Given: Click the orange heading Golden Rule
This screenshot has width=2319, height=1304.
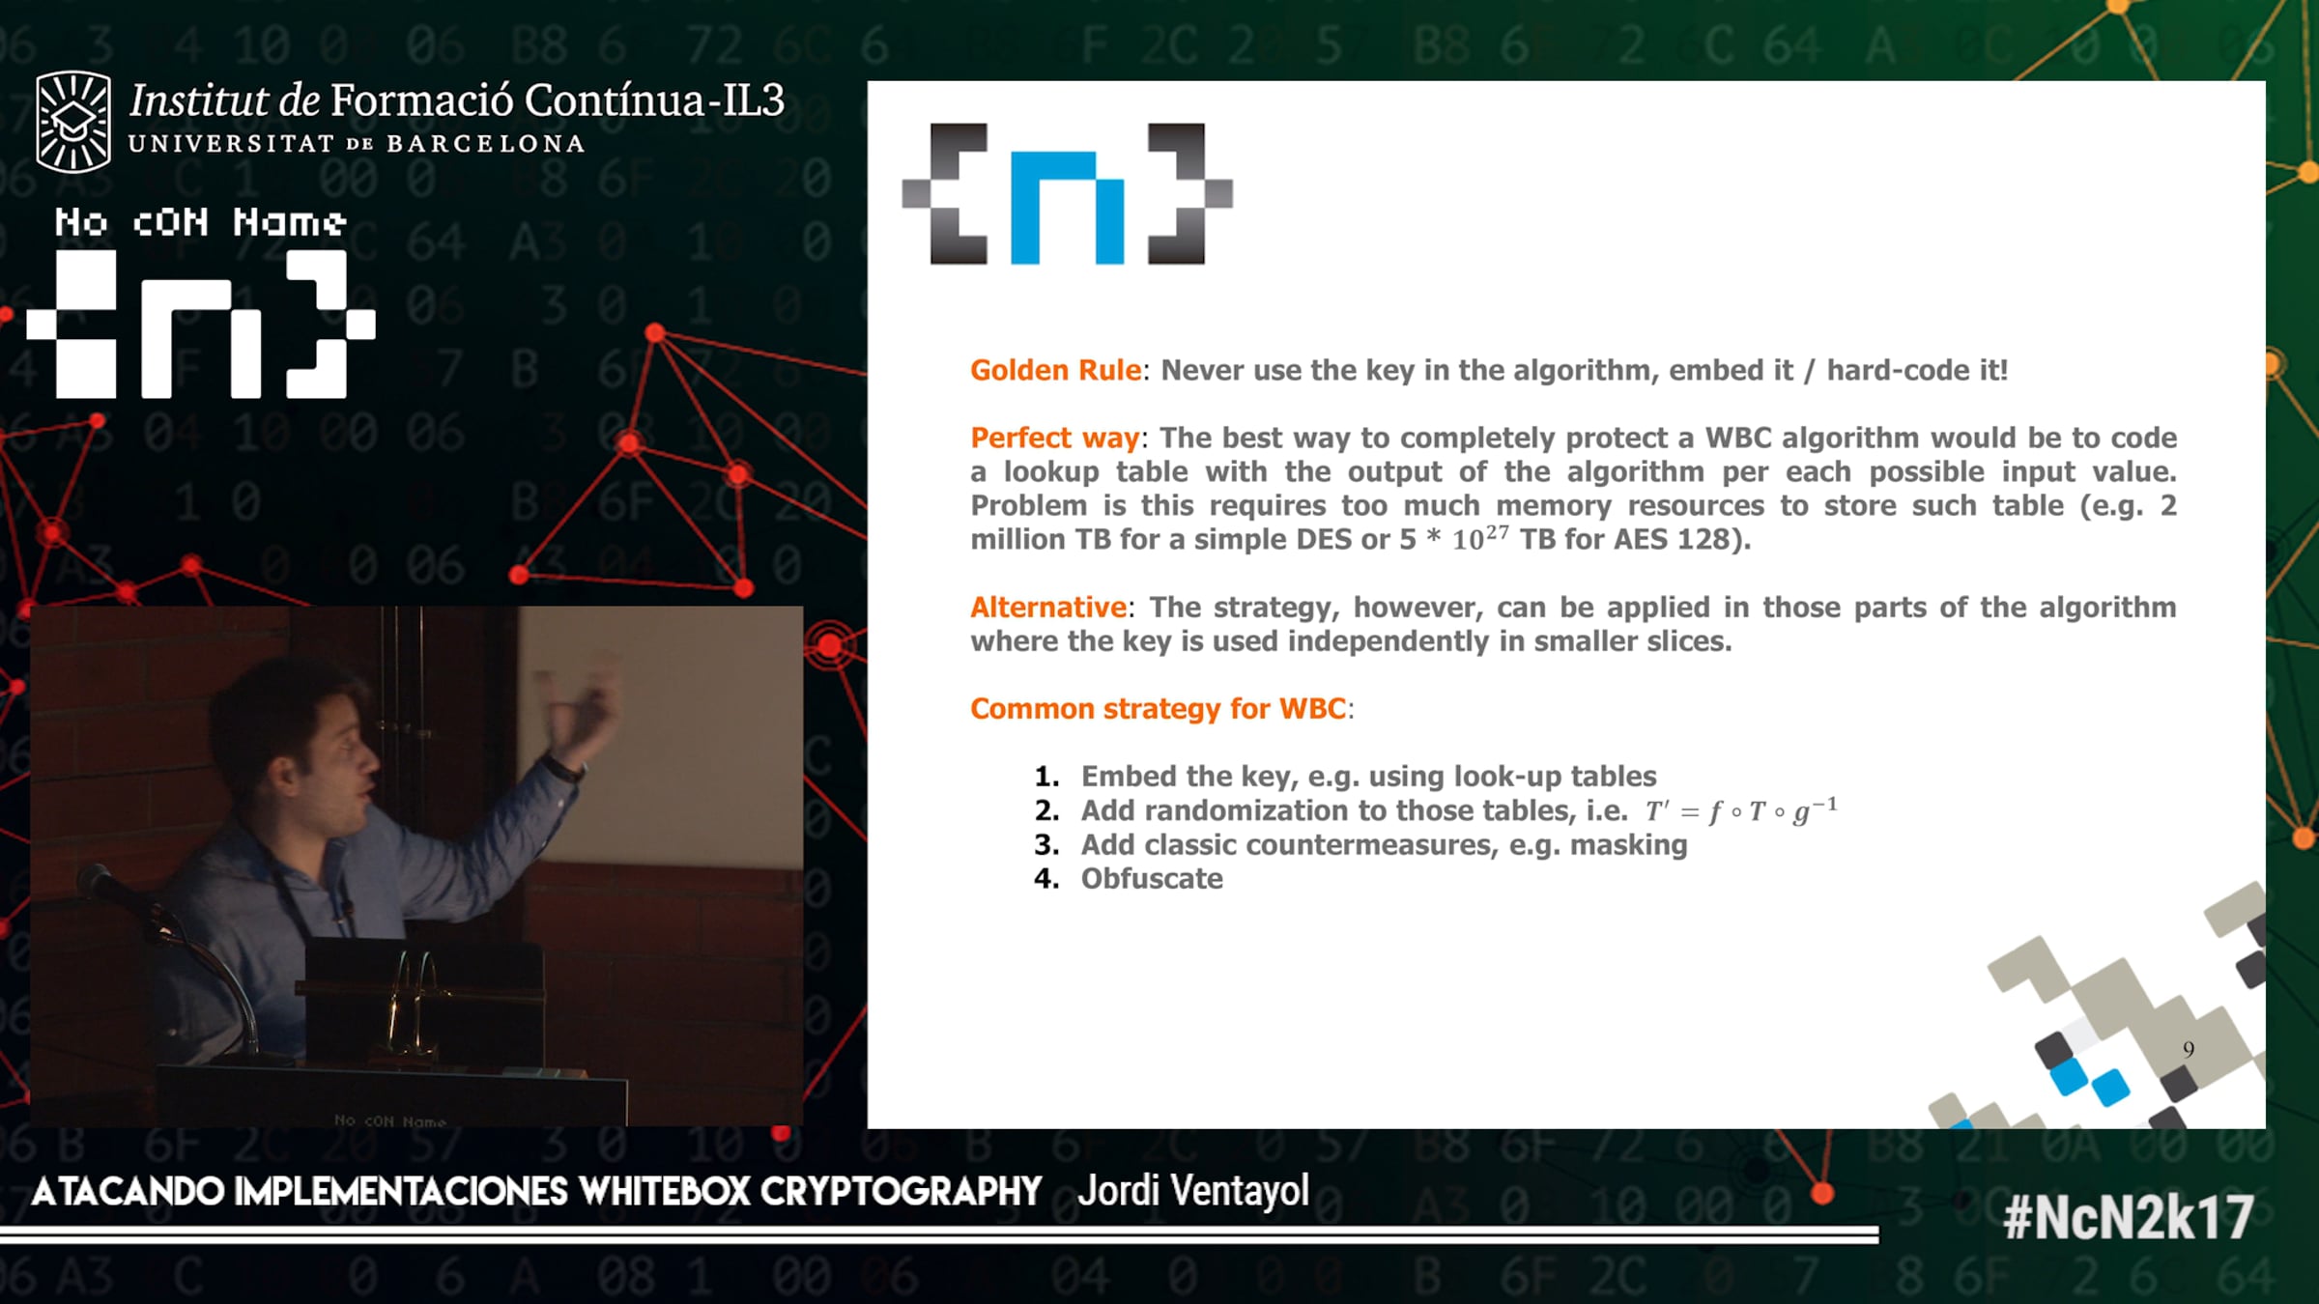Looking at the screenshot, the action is (x=1055, y=370).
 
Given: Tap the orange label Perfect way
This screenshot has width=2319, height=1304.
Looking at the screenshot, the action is (x=1055, y=439).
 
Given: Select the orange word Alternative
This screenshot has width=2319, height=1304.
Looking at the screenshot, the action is (x=1048, y=607).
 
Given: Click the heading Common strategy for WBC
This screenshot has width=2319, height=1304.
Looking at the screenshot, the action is (x=1158, y=709).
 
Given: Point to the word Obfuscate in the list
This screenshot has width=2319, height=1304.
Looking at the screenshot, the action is (x=1152, y=878).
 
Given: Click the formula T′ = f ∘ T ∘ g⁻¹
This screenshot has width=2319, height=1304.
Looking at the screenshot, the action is (x=1741, y=809).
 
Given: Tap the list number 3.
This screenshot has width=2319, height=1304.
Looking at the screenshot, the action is (x=1046, y=845).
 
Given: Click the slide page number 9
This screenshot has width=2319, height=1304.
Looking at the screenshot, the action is (x=2189, y=1049).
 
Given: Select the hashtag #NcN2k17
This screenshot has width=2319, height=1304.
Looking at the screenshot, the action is (x=2129, y=1217).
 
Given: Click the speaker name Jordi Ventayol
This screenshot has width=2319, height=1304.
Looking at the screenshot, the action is (x=1193, y=1191).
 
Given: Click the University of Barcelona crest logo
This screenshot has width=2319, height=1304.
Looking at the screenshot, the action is (x=72, y=122).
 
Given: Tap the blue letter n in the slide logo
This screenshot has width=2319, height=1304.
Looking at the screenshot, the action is (x=1067, y=207).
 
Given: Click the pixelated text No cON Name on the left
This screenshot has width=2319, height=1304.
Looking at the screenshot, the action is (x=200, y=222).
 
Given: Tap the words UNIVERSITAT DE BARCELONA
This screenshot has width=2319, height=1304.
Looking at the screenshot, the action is (x=357, y=144).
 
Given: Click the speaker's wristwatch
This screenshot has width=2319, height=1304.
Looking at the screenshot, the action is (x=563, y=768).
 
